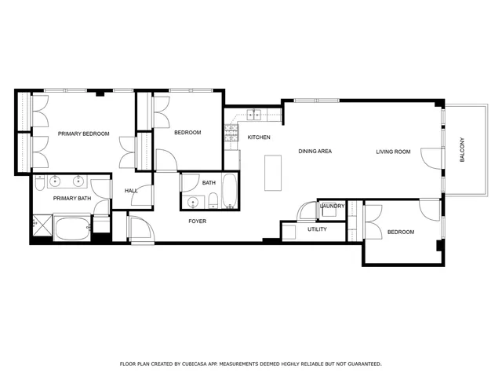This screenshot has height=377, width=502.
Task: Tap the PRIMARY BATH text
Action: [72, 199]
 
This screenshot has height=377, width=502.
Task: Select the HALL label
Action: [131, 191]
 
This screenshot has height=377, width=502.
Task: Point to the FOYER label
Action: [198, 221]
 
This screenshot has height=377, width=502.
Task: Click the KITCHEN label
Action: [259, 137]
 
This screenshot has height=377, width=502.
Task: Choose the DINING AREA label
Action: [315, 151]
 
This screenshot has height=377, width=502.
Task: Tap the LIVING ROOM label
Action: [393, 152]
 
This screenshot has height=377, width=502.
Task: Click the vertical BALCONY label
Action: [462, 150]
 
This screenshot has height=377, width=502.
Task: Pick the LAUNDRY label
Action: [333, 206]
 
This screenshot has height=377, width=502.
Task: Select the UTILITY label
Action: [317, 229]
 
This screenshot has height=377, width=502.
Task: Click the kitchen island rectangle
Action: [273, 172]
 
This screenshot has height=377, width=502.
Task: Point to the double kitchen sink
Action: [253, 115]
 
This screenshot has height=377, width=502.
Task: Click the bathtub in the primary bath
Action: [71, 230]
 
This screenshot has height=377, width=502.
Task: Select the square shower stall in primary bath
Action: [41, 229]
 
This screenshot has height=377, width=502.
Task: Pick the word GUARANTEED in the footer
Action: [362, 364]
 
